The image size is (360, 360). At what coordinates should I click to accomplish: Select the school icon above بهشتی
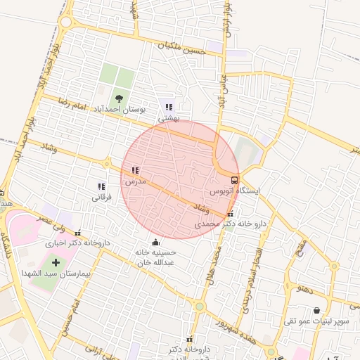(168, 108)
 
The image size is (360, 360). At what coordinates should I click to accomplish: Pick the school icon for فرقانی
(102, 187)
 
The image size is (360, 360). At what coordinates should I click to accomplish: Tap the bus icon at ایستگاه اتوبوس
(234, 179)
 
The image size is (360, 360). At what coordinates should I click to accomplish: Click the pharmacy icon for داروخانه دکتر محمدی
(231, 214)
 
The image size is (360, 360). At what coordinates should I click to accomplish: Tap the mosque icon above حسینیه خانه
(155, 242)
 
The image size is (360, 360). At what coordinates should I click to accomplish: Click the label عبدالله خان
(155, 262)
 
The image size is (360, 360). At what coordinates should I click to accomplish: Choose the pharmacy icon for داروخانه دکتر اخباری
(77, 233)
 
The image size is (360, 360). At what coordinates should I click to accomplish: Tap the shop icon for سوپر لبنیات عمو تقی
(316, 310)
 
